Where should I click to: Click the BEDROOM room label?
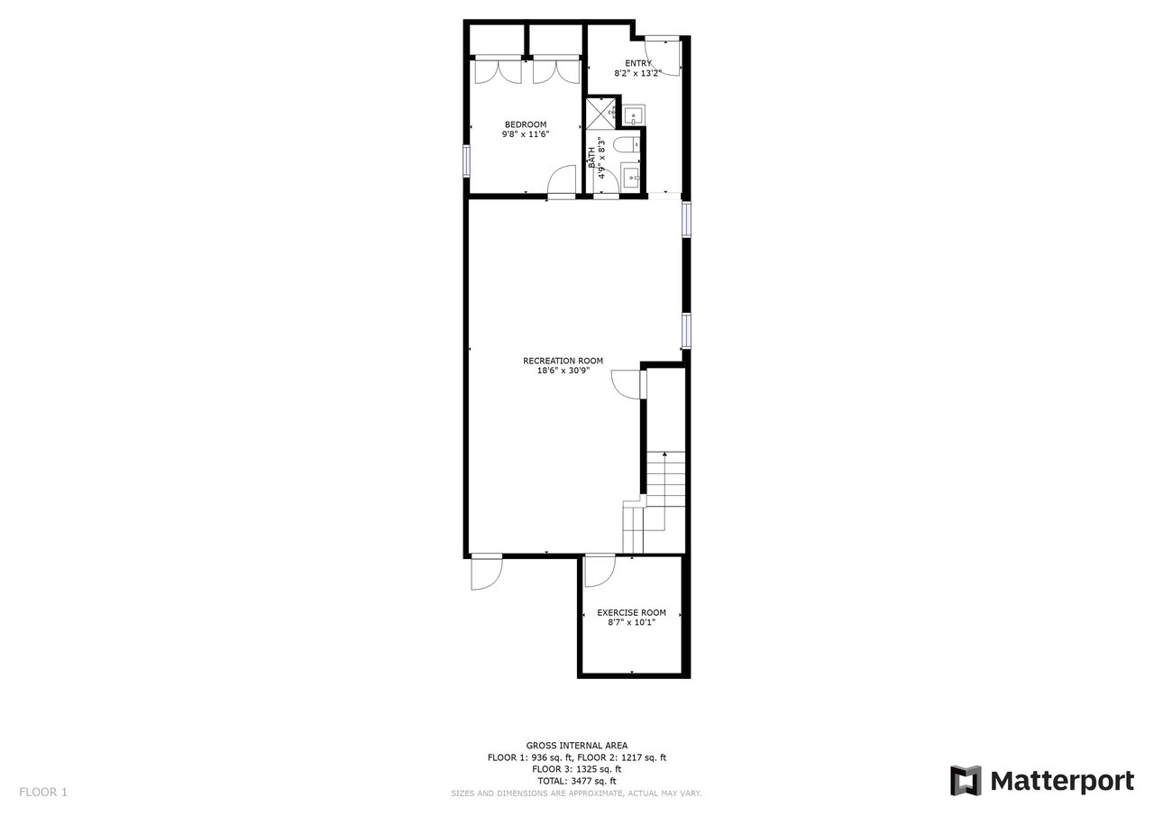tap(526, 124)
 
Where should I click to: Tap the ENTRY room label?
tap(638, 63)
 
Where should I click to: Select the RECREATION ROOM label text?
tap(563, 362)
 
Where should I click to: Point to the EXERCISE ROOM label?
tap(632, 612)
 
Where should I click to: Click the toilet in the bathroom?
tap(628, 146)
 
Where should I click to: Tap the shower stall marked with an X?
tap(601, 113)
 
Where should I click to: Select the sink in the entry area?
tap(634, 115)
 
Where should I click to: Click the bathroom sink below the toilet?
tap(630, 176)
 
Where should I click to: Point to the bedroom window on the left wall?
tap(467, 161)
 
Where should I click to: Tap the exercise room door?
tap(600, 571)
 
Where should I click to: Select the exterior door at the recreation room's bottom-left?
tap(486, 572)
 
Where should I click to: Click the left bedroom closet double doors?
tap(499, 70)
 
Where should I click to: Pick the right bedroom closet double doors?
tap(557, 70)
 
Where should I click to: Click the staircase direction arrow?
tap(664, 491)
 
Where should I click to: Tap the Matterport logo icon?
tap(966, 781)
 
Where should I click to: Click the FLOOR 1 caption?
tap(43, 792)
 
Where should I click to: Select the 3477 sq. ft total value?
tap(593, 781)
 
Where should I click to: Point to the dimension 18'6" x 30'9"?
tap(563, 371)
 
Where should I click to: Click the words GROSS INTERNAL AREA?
tap(576, 746)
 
